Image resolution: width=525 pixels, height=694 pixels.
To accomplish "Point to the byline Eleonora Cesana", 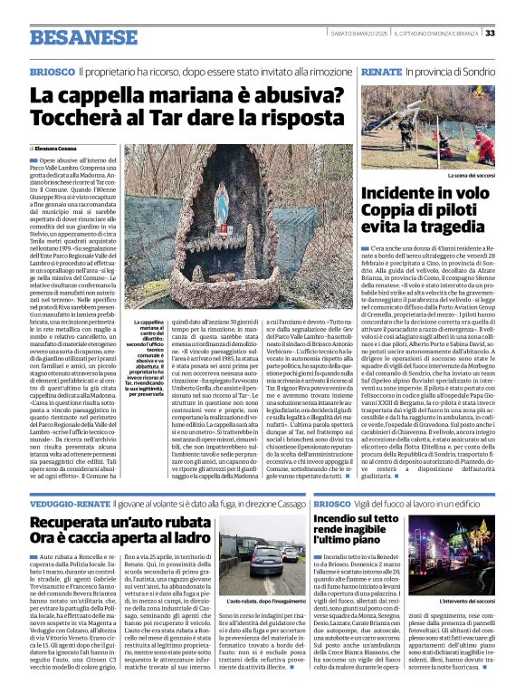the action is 56,147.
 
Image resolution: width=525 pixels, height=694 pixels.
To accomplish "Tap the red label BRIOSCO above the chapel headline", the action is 52,71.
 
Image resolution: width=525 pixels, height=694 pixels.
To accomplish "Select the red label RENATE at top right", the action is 380,71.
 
